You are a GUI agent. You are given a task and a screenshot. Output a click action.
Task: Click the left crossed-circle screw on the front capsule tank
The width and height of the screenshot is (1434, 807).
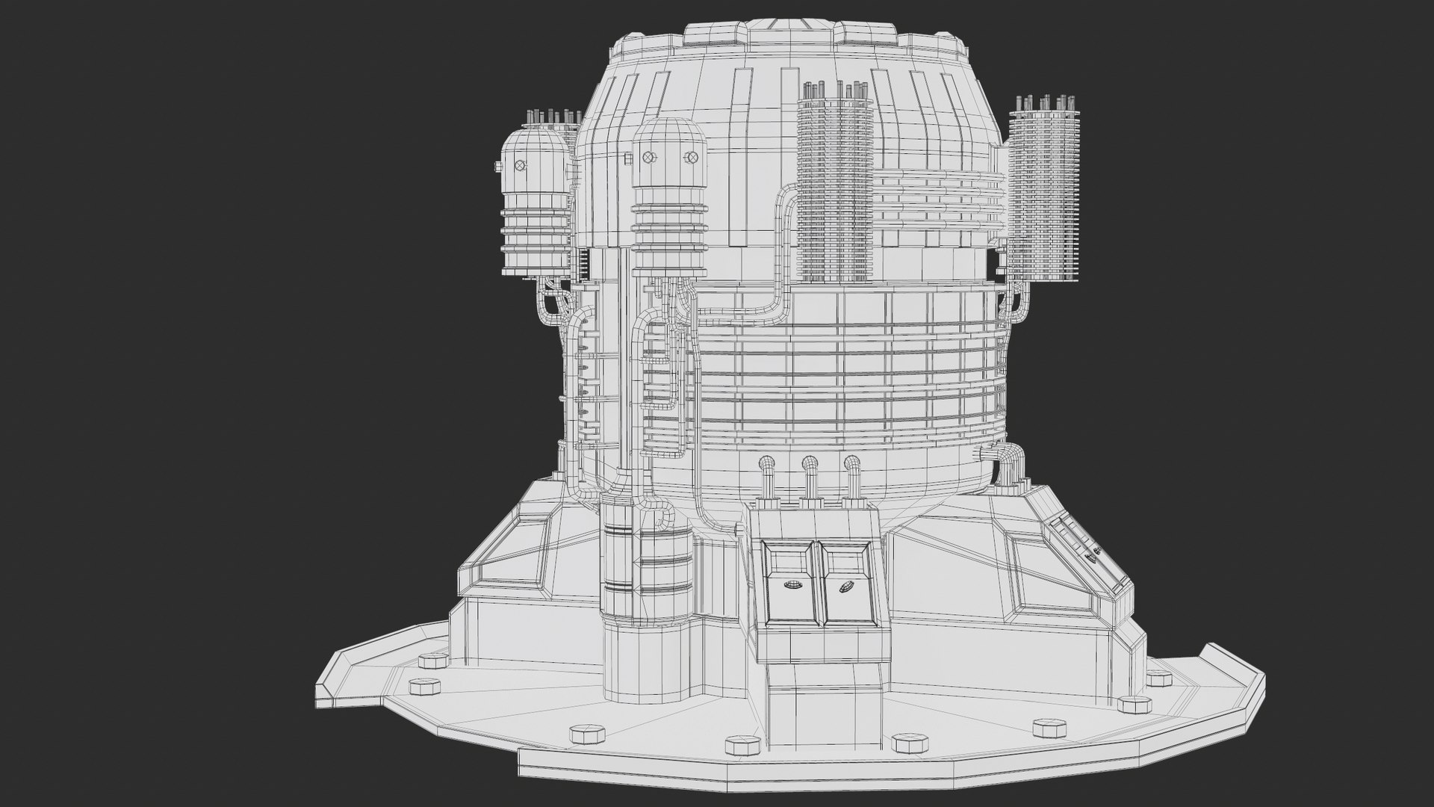pos(648,158)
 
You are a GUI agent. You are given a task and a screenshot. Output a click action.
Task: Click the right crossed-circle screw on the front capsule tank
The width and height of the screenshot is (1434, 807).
pos(692,158)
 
